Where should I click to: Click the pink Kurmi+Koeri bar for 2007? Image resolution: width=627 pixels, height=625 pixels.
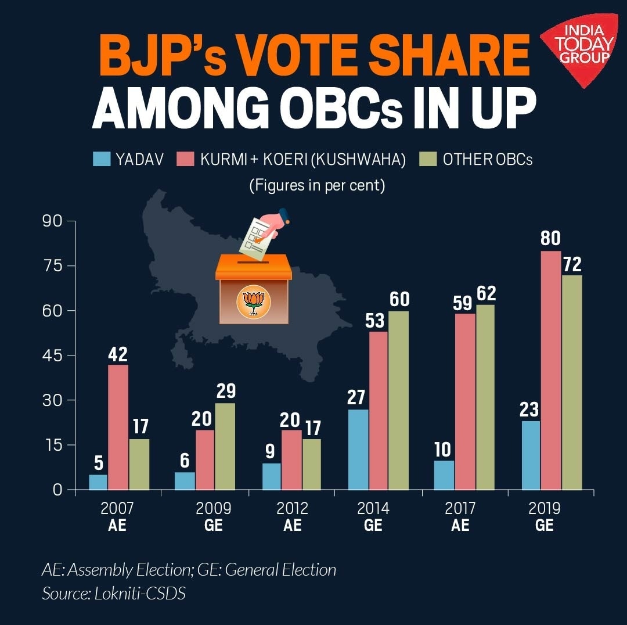pos(118,427)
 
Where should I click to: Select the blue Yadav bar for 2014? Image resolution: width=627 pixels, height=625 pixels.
pos(358,450)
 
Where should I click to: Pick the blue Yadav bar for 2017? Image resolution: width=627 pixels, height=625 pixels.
pos(444,475)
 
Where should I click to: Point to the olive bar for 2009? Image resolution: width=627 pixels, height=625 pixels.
pos(225,446)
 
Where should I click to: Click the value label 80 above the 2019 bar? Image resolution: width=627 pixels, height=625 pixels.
pos(551,239)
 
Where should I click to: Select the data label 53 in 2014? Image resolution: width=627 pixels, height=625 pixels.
pos(378,320)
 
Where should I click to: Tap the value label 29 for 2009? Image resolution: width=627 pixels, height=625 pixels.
pos(225,391)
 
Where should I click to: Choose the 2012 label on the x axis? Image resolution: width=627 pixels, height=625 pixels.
pos(292,509)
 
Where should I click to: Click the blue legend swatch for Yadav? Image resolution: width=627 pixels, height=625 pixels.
pos(101,159)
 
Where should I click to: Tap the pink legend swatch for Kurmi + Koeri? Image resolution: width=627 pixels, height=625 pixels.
pos(185,159)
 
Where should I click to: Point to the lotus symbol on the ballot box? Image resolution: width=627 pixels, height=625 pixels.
pos(254,303)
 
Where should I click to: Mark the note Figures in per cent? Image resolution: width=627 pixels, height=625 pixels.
pos(318,186)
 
